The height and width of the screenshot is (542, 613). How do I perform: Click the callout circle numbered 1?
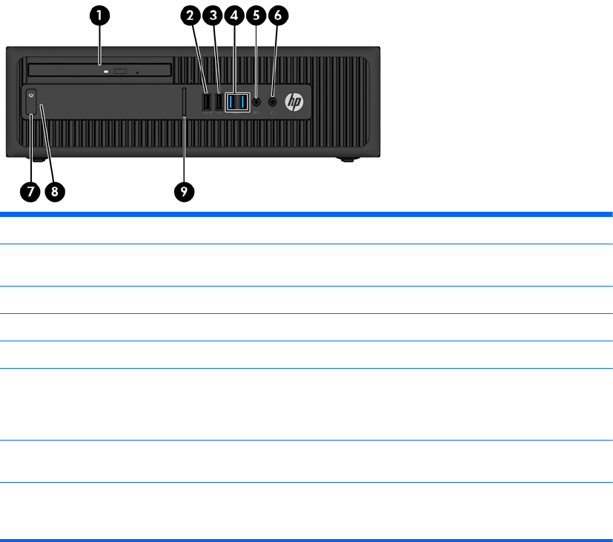pos(99,16)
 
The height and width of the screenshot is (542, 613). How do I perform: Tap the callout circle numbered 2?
pos(190,16)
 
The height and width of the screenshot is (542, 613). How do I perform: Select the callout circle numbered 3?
pos(213,16)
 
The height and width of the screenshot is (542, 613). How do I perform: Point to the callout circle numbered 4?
pos(234,16)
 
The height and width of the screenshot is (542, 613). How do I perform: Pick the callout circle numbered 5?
pos(256,16)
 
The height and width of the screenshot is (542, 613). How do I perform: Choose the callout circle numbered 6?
pos(278,16)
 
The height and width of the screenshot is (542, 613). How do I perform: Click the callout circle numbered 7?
pos(30,192)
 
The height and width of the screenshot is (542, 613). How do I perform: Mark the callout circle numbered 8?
pos(55,192)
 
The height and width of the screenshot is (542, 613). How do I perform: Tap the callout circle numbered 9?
pos(184,192)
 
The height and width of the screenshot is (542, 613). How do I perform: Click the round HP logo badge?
pos(294,102)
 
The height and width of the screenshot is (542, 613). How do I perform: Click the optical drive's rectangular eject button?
pos(120,72)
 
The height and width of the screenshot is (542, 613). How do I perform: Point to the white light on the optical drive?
pos(106,72)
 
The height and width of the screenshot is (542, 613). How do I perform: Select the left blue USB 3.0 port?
pos(232,102)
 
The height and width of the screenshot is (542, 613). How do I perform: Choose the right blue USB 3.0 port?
pos(243,102)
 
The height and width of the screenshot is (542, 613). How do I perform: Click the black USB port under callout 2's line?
pos(206,102)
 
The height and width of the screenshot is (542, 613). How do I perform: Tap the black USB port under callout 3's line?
pos(219,102)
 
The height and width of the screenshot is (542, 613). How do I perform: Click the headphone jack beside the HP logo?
pos(273,102)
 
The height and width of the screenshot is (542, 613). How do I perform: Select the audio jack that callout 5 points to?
pos(256,102)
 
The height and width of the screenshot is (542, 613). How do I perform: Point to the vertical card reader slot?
pos(184,102)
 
